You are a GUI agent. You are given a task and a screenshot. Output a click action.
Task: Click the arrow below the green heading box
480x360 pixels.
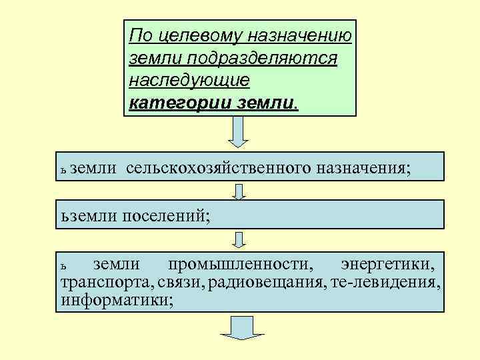click(238, 133)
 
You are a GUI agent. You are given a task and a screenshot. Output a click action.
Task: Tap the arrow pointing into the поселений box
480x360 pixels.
click(239, 191)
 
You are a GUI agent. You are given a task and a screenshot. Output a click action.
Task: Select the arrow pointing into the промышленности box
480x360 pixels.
click(239, 239)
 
